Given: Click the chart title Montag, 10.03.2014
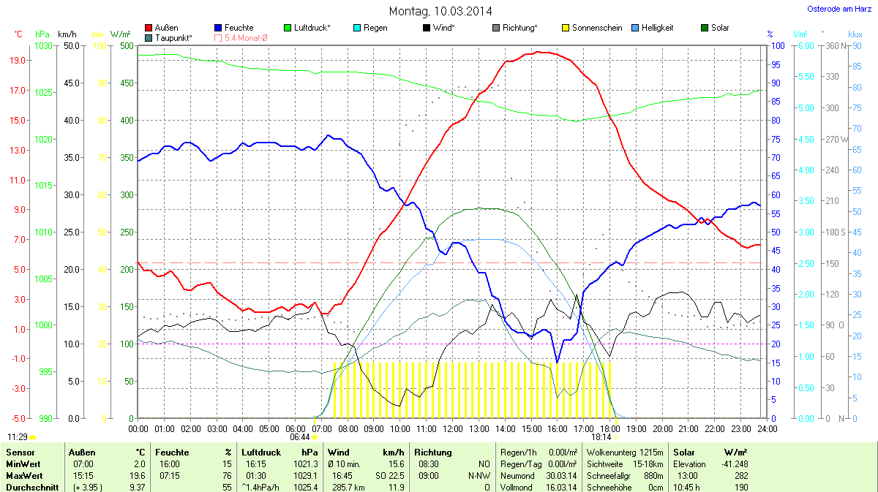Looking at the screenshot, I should pos(440,11).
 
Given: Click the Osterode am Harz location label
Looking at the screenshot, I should pos(834,9).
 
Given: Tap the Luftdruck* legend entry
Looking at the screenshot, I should pos(312,28).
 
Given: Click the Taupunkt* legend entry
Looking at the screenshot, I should pos(173,37).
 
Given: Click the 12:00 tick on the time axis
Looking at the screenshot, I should pos(453,428).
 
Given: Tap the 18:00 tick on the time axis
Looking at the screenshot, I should pos(610,428).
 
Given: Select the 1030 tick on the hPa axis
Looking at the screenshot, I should pos(44,46).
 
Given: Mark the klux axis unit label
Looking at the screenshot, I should pos(855,34).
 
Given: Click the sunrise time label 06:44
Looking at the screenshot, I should pos(300,437).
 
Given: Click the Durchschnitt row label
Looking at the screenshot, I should pos(31,488).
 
